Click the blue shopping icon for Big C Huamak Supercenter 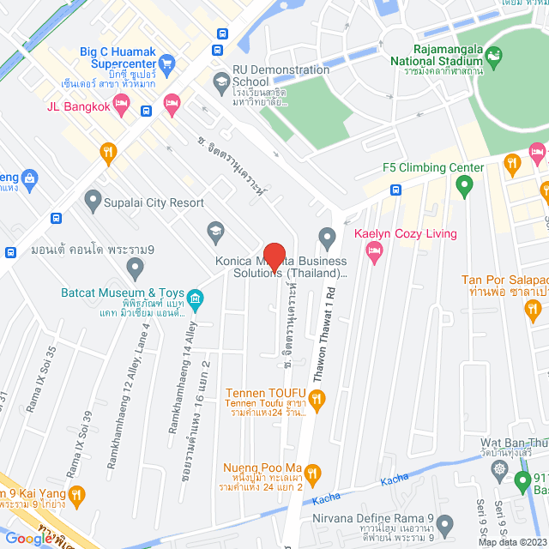point(167,63)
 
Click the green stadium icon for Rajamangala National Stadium point(493,58)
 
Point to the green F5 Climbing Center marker point(464,184)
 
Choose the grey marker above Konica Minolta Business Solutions point(326,236)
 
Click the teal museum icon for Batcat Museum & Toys point(196,299)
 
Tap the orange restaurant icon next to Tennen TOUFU point(317,397)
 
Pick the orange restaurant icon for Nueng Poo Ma point(312,473)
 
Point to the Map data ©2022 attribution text point(511,542)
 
